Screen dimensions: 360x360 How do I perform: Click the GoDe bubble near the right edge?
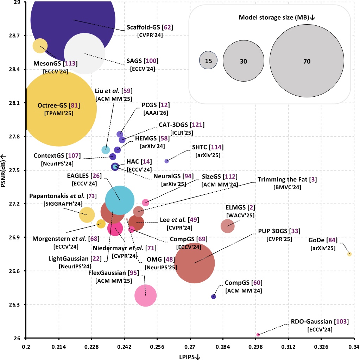pyautogui.click(x=349, y=254)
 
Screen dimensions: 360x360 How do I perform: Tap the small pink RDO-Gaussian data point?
pyautogui.click(x=258, y=335)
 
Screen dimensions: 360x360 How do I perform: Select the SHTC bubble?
pyautogui.click(x=167, y=161)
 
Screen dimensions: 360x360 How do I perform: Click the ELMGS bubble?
pyautogui.click(x=228, y=226)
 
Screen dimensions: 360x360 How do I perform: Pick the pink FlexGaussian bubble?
pyautogui.click(x=145, y=296)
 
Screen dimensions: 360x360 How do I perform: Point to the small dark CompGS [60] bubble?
pyautogui.click(x=213, y=296)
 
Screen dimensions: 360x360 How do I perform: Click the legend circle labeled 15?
pyautogui.click(x=208, y=61)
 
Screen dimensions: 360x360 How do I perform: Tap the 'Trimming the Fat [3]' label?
pyautogui.click(x=287, y=180)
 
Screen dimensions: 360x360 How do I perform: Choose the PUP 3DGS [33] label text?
pyautogui.click(x=277, y=231)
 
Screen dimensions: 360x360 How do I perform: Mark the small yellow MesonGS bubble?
pyautogui.click(x=40, y=45)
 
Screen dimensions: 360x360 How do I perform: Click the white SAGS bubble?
pyautogui.click(x=84, y=53)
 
